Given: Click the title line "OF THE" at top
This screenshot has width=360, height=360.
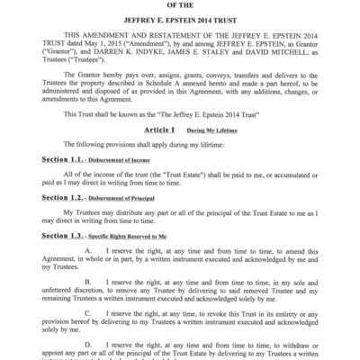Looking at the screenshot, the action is click(180, 3).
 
